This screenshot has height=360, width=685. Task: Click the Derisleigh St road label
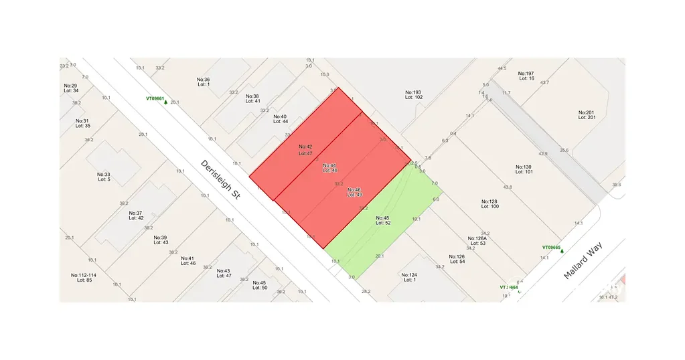click(x=220, y=178)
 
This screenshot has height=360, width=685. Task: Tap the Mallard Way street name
click(x=583, y=260)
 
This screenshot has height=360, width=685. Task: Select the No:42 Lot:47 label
click(x=305, y=149)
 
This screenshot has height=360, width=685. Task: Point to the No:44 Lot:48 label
click(x=329, y=168)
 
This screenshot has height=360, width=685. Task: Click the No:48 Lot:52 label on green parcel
click(x=382, y=221)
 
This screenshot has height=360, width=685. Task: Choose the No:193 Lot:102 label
click(x=413, y=94)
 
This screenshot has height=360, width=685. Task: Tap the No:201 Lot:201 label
click(x=587, y=114)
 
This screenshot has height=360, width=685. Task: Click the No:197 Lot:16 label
click(x=526, y=76)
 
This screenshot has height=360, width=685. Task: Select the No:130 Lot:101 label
click(x=524, y=169)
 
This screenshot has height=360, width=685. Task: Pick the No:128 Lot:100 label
click(x=489, y=203)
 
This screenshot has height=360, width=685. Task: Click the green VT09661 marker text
click(x=155, y=98)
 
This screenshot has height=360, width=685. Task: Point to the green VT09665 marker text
click(x=551, y=248)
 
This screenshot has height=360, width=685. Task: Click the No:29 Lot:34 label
click(x=70, y=88)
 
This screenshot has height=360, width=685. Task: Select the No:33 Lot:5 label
click(x=103, y=177)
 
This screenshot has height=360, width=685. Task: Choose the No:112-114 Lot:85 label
click(x=84, y=277)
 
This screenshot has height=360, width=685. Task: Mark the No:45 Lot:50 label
click(x=259, y=285)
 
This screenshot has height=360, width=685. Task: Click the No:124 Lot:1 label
click(x=408, y=277)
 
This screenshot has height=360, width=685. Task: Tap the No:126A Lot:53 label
click(x=477, y=241)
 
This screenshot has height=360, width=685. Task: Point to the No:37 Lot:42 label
click(x=136, y=215)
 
